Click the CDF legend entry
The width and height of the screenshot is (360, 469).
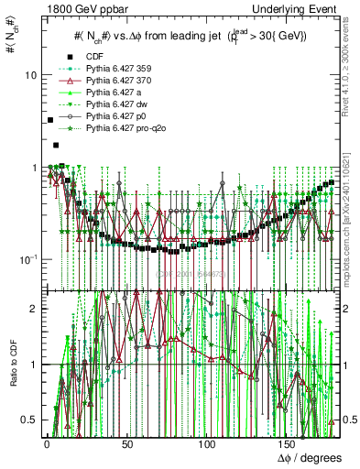pyautogui.click(x=95, y=57)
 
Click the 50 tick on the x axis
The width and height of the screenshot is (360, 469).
pyautogui.click(x=125, y=444)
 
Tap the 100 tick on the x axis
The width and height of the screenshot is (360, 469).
pyautogui.click(x=207, y=444)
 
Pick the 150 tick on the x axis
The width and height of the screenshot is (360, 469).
pyautogui.click(x=289, y=444)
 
